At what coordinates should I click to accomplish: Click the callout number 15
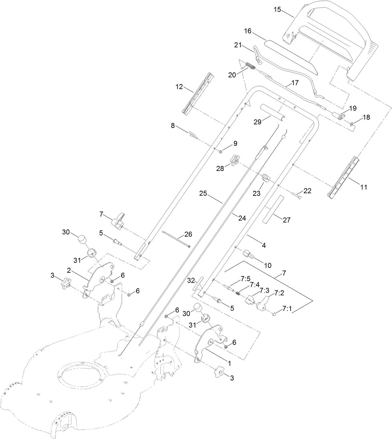(x=277, y=9)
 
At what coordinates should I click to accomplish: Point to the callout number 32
(x=192, y=280)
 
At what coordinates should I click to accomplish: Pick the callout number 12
(x=179, y=87)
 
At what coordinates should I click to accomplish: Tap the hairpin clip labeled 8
(x=192, y=135)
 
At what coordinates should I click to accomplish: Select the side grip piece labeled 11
(x=343, y=177)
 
